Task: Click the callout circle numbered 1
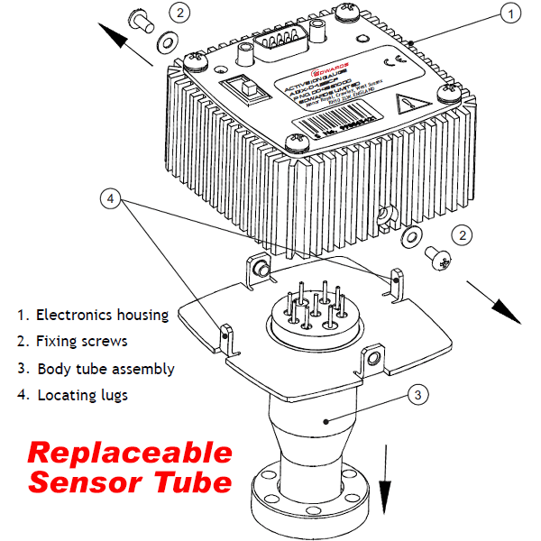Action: point(510,14)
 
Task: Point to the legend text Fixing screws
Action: point(82,343)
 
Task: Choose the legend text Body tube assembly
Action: point(105,370)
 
